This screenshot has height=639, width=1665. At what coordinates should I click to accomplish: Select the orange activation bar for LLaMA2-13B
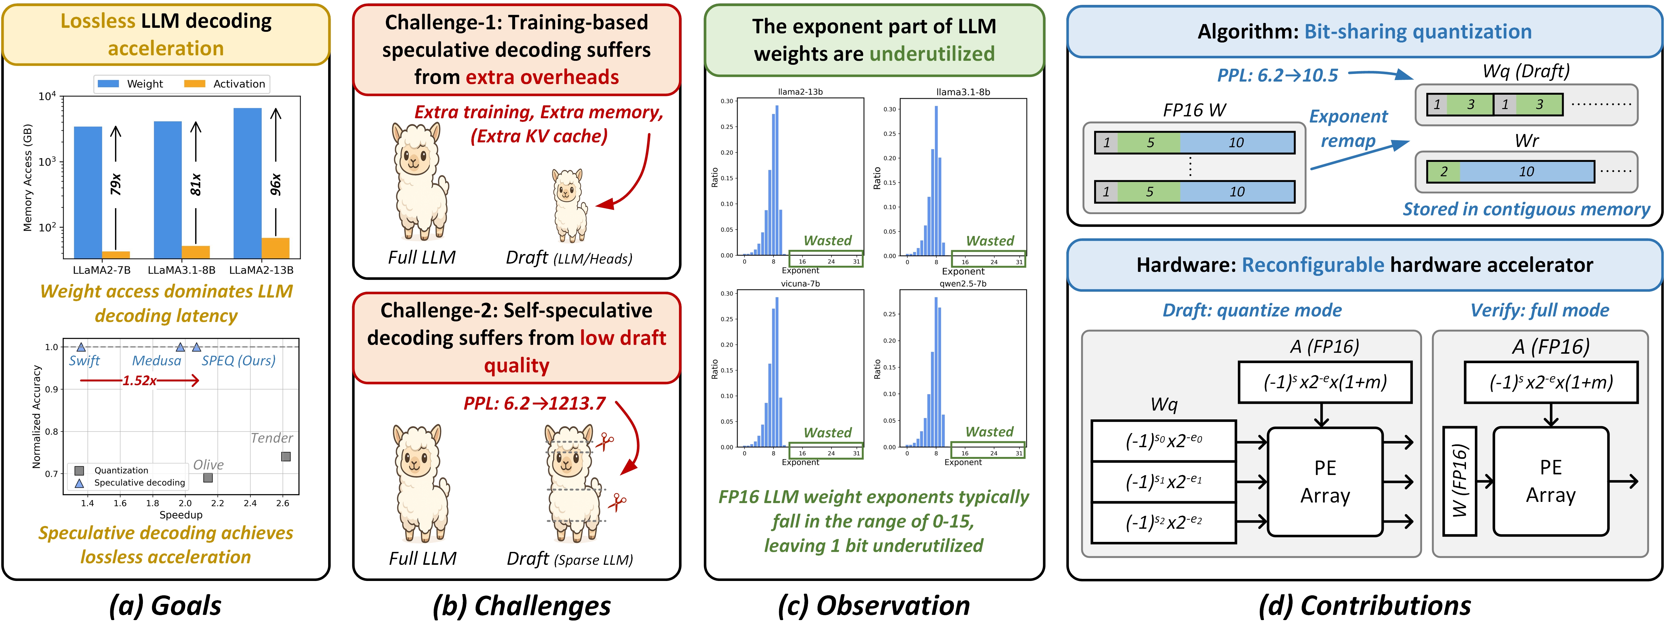click(x=275, y=248)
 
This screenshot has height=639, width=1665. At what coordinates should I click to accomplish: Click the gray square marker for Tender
click(x=286, y=457)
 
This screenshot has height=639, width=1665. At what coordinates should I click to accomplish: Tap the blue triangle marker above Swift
click(x=81, y=347)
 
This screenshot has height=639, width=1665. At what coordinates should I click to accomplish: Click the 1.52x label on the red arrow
click(x=140, y=380)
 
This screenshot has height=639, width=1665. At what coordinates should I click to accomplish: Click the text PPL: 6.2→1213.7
click(x=535, y=403)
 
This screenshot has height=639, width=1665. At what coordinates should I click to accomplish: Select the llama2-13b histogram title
click(x=800, y=92)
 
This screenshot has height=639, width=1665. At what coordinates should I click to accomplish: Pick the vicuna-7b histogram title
click(x=800, y=283)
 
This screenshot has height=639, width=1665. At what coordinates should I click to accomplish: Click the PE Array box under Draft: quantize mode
click(x=1325, y=482)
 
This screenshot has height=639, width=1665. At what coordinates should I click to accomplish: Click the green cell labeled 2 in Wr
click(x=1443, y=171)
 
